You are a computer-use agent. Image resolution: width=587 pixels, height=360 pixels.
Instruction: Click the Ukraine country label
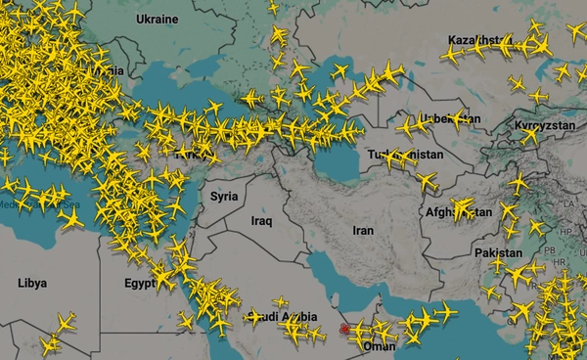point(157,19)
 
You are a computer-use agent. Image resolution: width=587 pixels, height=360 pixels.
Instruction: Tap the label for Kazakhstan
point(479,40)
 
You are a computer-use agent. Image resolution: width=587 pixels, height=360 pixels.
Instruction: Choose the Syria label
point(224,196)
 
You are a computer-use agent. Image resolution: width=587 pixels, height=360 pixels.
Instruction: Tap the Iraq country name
point(261,221)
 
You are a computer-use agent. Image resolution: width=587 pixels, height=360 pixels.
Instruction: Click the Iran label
point(362,231)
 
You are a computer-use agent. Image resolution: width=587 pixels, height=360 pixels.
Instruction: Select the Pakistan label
point(499,252)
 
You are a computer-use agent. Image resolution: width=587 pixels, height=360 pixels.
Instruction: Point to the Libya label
point(31,284)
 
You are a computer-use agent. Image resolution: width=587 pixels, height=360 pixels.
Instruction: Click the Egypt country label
point(141,284)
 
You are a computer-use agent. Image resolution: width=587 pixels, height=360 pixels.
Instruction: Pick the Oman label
point(379,345)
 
